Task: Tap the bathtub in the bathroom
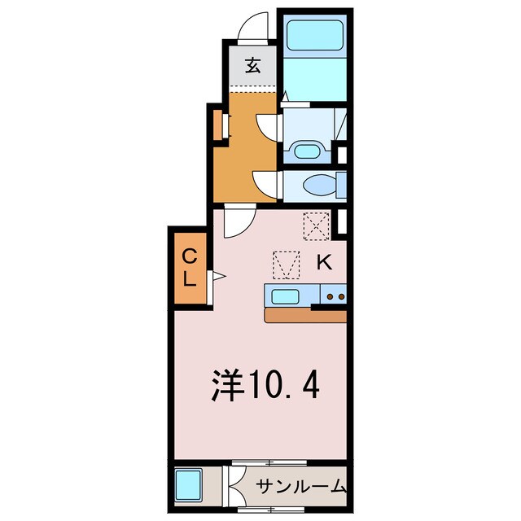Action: point(315,33)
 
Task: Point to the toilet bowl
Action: point(317,186)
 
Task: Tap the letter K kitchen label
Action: point(323,262)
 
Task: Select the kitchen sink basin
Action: point(287,296)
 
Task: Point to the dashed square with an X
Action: point(314,225)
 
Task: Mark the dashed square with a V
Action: point(285,264)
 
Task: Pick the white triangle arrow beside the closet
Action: point(218,278)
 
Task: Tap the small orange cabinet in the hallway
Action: point(218,125)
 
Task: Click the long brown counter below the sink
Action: point(305,316)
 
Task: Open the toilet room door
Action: point(267,182)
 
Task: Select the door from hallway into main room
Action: point(239,220)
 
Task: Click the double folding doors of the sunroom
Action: point(232,487)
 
